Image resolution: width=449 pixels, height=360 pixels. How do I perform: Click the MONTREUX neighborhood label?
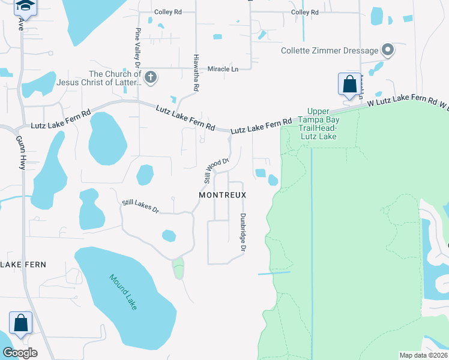pos(223,196)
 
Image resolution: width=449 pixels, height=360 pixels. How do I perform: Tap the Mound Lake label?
pos(123,292)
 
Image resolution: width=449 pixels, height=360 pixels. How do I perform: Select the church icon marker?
pos(151,77)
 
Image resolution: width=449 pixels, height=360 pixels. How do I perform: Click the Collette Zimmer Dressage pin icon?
pos(388,50)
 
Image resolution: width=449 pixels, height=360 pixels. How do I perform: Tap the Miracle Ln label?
pos(223,69)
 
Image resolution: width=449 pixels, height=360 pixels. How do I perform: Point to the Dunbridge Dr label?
pos(243,232)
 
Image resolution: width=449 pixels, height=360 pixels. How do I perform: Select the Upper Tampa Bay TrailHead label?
pos(318,124)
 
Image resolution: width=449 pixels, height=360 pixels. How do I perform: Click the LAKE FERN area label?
pos(23,264)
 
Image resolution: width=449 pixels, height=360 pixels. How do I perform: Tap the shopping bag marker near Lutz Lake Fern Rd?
pos(349,85)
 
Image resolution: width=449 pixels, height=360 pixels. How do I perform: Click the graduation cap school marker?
pos(25,6)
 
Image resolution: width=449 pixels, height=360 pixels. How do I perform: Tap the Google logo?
pos(19,353)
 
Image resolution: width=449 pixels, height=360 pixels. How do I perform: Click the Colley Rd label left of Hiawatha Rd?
pos(167,12)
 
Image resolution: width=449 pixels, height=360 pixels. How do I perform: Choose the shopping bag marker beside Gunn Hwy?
pos(21,324)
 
